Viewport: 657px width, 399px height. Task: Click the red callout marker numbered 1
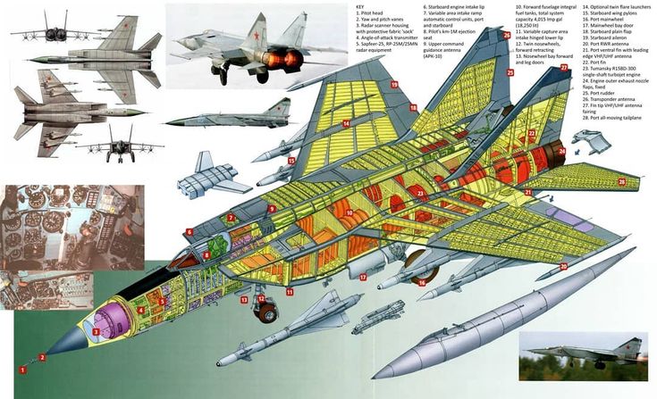23,368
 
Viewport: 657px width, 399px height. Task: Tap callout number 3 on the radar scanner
96,332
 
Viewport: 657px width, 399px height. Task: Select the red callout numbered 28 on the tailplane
622,182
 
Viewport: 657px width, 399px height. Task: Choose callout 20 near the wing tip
563,266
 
